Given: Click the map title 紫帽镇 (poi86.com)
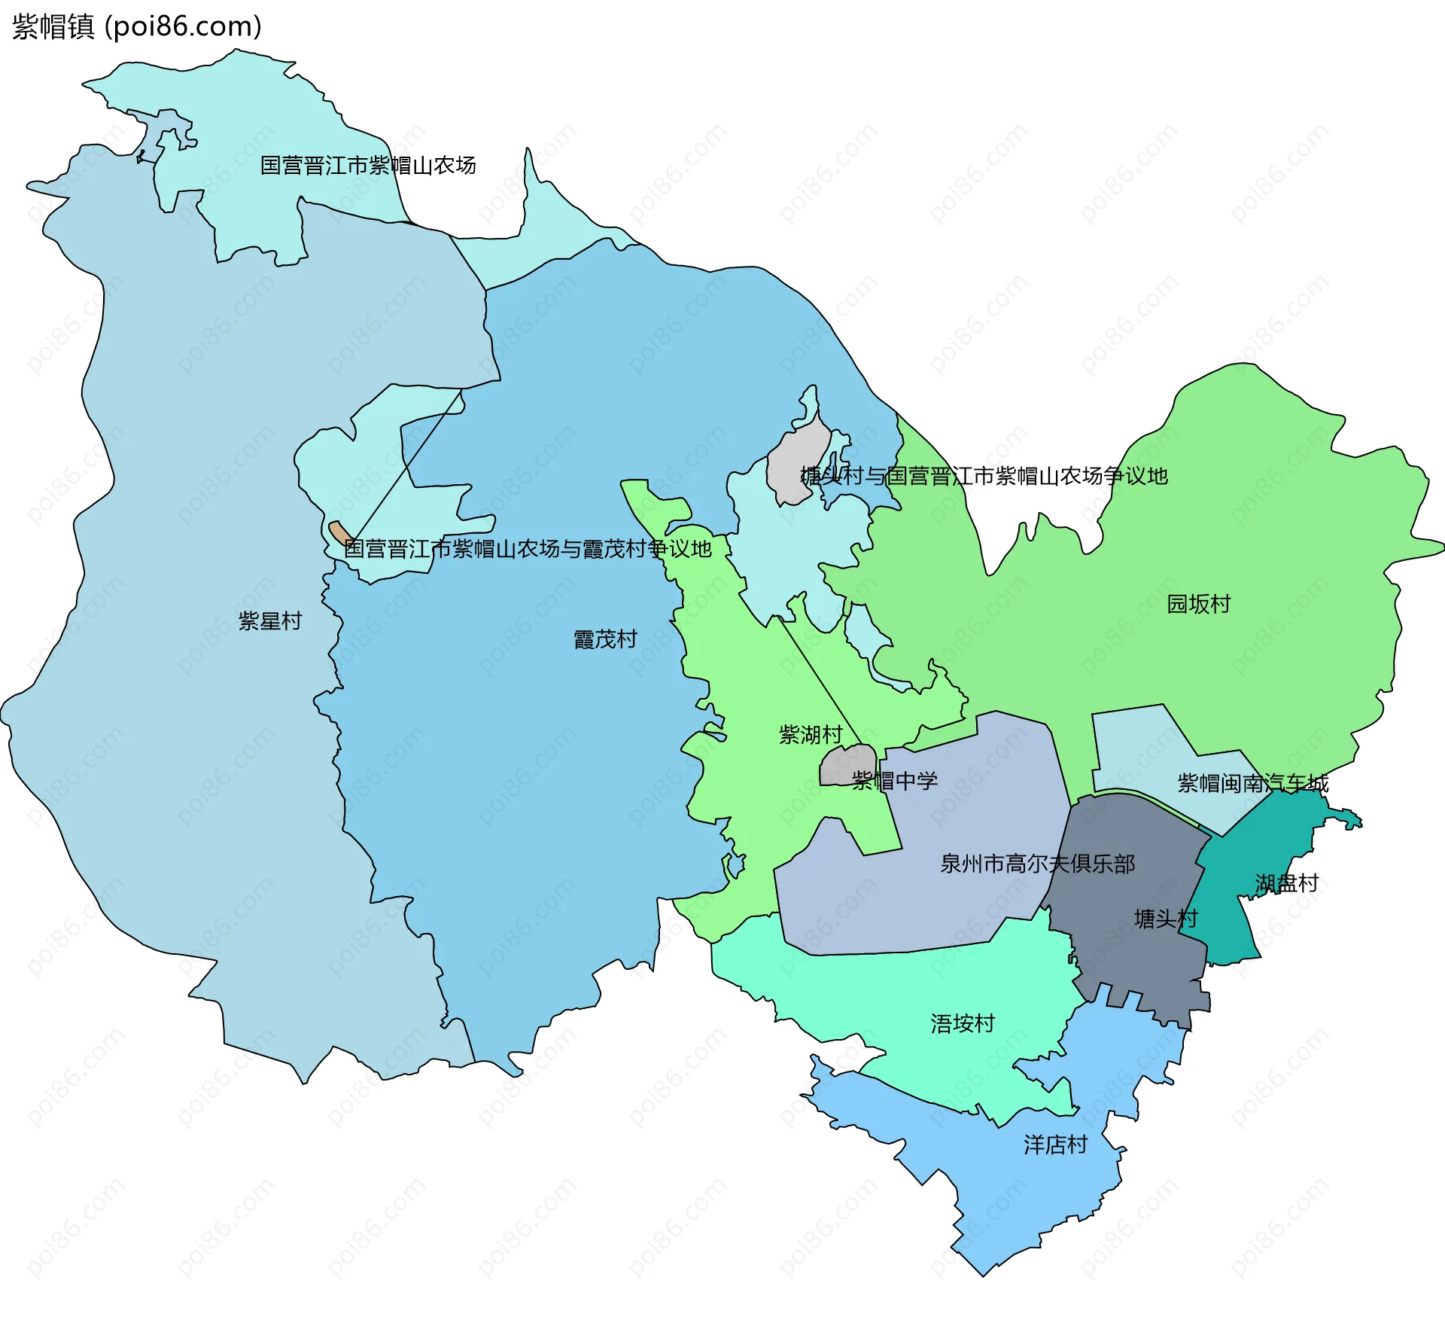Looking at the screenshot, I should [137, 26].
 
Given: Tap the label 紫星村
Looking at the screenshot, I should [269, 621].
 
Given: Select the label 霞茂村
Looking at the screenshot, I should [605, 639].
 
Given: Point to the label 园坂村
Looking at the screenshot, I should [1198, 604].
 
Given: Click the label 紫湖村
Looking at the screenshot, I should [810, 734].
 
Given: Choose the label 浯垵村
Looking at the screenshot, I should [963, 1023].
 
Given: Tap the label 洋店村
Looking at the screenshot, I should [1055, 1145].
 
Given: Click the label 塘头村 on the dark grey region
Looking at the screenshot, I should [1165, 918].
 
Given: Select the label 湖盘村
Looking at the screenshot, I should [1286, 882].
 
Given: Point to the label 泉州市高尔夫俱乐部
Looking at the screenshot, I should [1037, 863].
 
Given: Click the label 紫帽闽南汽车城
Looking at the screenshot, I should [1252, 783].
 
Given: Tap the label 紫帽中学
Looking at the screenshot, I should [894, 780].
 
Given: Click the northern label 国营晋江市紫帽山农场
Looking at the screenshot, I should [367, 165].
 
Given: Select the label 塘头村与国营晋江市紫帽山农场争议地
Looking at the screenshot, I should [984, 475].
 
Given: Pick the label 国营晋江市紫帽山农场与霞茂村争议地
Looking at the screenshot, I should [527, 548].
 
